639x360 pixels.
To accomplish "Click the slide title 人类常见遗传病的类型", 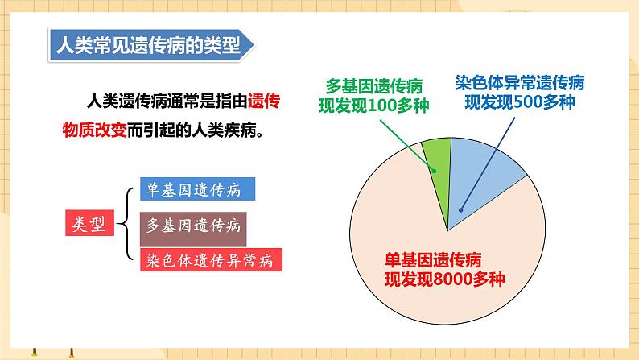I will pos(145,45).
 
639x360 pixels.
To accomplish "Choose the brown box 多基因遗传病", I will pos(193,227).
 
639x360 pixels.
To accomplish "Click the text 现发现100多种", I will pos(374,106).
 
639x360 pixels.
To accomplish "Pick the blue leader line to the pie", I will pos(491,157).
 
